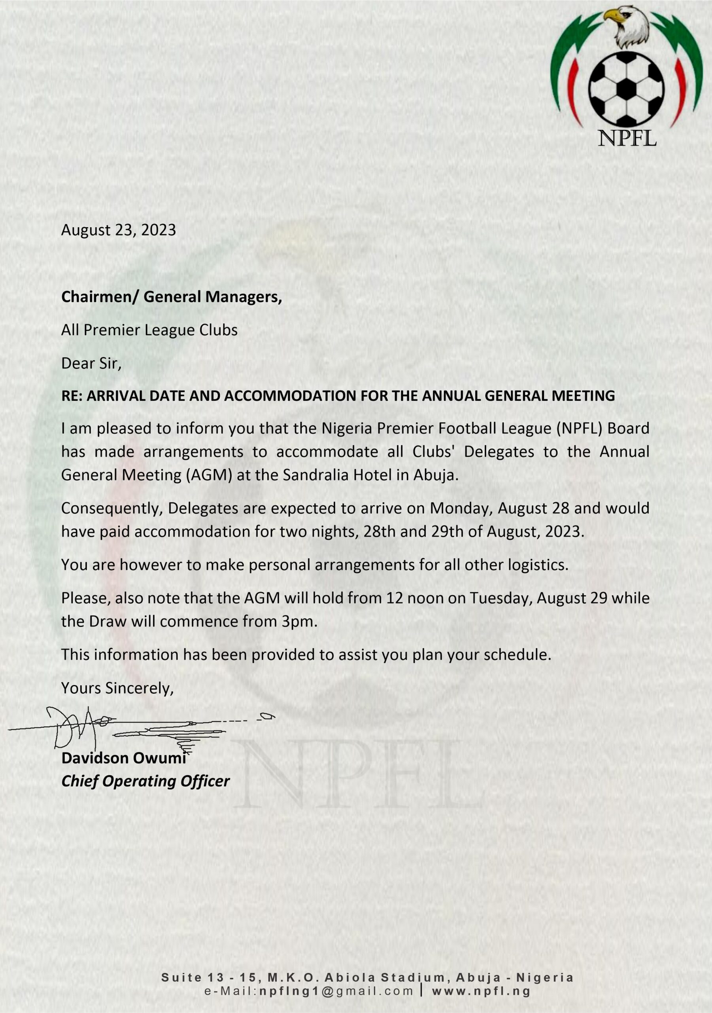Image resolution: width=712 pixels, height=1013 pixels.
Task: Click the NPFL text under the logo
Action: coord(627,138)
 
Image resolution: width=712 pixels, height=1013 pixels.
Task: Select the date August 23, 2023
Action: coord(118,230)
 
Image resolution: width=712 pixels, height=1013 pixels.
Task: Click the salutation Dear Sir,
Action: coord(91,363)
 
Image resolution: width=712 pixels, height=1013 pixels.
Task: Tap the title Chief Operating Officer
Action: coord(145,782)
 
